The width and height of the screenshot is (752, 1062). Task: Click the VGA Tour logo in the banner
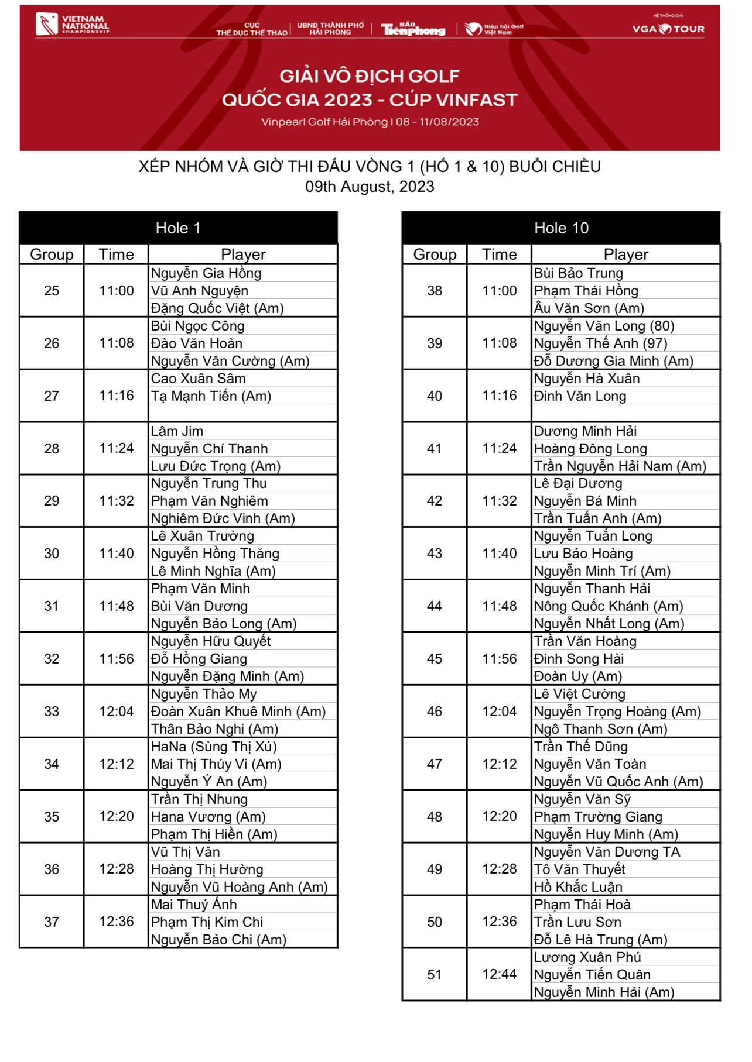click(668, 28)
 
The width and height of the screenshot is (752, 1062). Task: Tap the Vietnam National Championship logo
click(73, 25)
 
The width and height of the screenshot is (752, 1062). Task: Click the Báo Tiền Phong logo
click(413, 29)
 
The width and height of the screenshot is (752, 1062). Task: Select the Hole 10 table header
click(560, 228)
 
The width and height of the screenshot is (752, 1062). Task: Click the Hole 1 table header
click(178, 228)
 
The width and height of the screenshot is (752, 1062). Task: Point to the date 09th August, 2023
click(370, 187)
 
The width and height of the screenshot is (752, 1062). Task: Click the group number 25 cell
click(52, 291)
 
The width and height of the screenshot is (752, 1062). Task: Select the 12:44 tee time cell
click(499, 974)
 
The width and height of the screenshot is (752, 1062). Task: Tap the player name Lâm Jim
click(177, 431)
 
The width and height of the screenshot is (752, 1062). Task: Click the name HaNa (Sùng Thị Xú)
click(214, 747)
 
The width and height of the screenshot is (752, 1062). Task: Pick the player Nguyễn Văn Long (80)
click(604, 326)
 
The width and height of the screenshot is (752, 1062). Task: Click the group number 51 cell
click(434, 974)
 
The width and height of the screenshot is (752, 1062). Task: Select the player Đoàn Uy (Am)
click(577, 676)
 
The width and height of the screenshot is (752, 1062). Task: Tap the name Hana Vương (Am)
click(208, 817)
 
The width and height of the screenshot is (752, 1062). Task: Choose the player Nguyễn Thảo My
click(204, 694)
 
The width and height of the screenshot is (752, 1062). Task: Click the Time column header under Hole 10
click(499, 255)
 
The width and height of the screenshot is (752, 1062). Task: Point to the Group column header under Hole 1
click(52, 255)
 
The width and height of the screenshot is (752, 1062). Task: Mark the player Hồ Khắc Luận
click(578, 887)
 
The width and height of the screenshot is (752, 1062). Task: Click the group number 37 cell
click(52, 922)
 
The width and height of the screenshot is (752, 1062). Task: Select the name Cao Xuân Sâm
click(199, 379)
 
